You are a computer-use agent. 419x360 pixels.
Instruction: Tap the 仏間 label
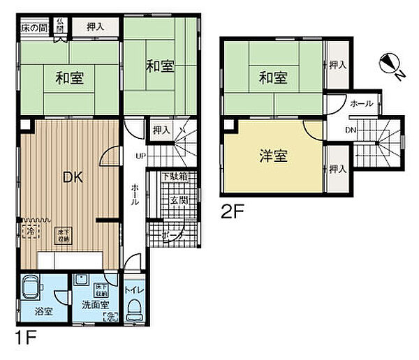coord(61,27)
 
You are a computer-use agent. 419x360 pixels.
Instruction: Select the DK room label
coord(74,177)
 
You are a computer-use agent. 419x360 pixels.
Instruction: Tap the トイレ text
coord(135,289)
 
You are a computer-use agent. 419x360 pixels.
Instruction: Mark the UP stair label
coord(140,155)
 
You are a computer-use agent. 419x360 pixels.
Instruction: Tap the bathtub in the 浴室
coord(34,288)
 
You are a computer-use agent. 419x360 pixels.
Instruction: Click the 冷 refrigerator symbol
coord(30,230)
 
